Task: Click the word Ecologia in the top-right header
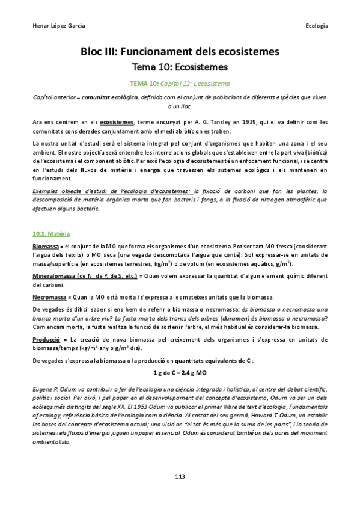(316, 26)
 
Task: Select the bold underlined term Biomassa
(46, 247)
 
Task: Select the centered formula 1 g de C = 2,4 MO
(180, 373)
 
